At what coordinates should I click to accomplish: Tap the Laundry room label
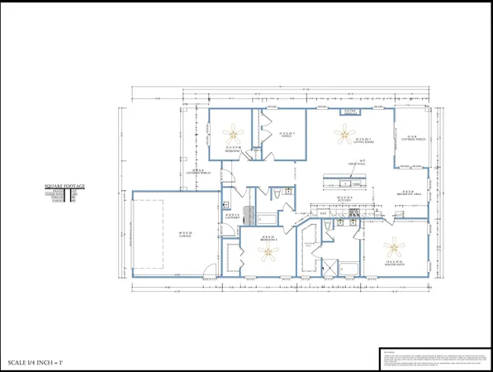tap(232, 217)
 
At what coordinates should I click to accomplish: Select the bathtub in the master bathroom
tap(348, 267)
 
